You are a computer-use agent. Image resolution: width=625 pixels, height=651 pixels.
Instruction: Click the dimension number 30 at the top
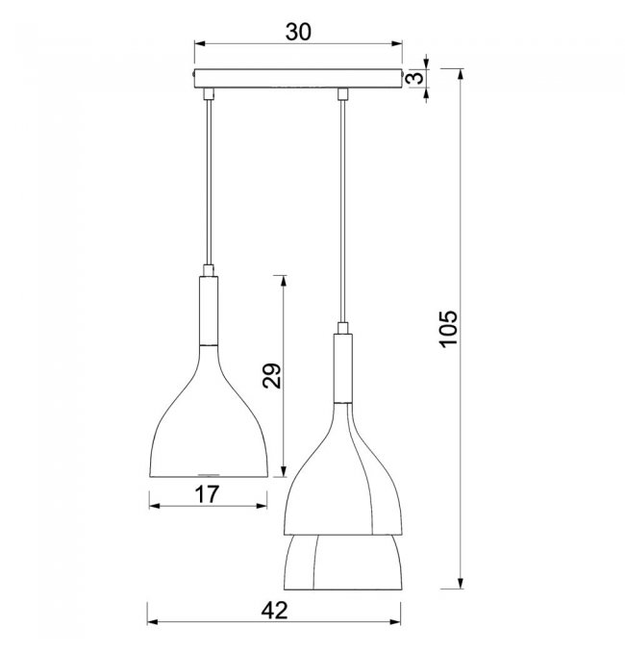(x=298, y=32)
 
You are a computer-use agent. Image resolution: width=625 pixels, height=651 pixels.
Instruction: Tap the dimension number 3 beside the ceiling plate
(x=415, y=78)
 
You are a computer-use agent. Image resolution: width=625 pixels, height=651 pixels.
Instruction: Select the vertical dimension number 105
(x=448, y=329)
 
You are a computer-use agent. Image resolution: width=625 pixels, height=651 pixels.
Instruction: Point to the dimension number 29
(x=272, y=376)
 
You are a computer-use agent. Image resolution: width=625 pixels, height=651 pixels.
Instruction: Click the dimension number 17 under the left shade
(x=207, y=494)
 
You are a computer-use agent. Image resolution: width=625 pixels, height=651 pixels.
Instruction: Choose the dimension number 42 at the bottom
(x=274, y=611)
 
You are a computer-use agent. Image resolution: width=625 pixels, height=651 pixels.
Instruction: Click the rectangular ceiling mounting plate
(x=298, y=79)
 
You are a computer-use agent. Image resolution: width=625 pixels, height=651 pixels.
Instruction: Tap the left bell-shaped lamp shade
(x=208, y=411)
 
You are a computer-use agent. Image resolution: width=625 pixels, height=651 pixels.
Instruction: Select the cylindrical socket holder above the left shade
(x=209, y=311)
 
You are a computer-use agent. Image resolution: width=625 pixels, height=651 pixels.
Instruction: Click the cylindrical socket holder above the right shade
(x=343, y=368)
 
